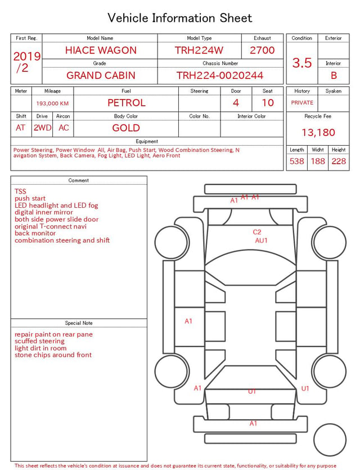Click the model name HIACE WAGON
pos(101,50)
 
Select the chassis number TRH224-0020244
pos(220,75)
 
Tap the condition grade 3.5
pos(302,62)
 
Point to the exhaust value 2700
pos(262,50)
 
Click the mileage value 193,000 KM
pos(52,104)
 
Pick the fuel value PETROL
pos(127,103)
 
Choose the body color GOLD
pos(126,128)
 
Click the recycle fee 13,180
pos(318,132)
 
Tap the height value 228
pos(339,161)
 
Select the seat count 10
pos(268,103)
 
